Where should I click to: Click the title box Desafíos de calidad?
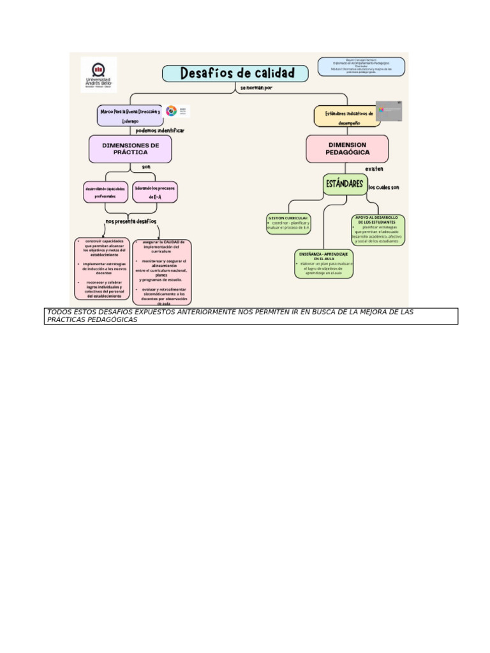click(x=235, y=73)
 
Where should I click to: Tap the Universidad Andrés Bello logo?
click(x=99, y=75)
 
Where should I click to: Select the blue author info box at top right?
click(x=361, y=66)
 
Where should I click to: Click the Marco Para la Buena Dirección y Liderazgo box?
click(x=130, y=115)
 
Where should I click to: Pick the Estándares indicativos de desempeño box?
click(x=345, y=117)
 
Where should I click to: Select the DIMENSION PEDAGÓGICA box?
click(x=347, y=149)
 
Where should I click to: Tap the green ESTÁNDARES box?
click(x=344, y=185)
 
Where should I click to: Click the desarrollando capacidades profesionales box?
click(x=105, y=193)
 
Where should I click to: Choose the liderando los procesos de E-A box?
click(x=156, y=193)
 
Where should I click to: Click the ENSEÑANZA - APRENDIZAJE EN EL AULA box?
click(x=323, y=263)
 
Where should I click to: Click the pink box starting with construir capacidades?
click(x=103, y=269)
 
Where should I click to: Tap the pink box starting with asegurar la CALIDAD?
click(x=161, y=272)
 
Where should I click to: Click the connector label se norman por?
click(x=256, y=88)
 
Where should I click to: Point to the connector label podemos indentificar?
click(x=160, y=131)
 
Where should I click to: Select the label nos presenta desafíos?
click(x=131, y=221)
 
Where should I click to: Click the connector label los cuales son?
click(x=383, y=187)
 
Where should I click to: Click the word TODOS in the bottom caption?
click(x=61, y=312)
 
